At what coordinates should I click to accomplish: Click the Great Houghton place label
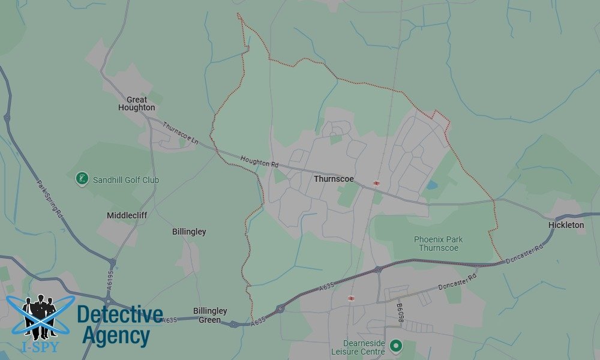coord(140,103)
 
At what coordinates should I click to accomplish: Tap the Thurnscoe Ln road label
coord(180,131)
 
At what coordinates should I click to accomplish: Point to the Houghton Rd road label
coord(260,161)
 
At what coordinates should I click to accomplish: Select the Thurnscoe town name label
coord(334,179)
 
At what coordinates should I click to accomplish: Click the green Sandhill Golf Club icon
coord(82,179)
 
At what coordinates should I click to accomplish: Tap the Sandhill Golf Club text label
coord(125,179)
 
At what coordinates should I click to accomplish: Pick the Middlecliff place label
coord(127,215)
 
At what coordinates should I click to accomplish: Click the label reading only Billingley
coord(189,232)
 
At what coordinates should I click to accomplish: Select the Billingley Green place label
coord(210,315)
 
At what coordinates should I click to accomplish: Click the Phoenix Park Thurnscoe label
coord(439,244)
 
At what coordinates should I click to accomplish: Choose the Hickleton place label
coord(566,225)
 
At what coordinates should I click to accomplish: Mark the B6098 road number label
coord(400,312)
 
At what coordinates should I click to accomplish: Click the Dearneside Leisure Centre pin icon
coord(395,346)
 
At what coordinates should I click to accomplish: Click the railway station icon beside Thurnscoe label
coord(376,183)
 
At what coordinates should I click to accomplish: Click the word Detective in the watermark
coord(120,314)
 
